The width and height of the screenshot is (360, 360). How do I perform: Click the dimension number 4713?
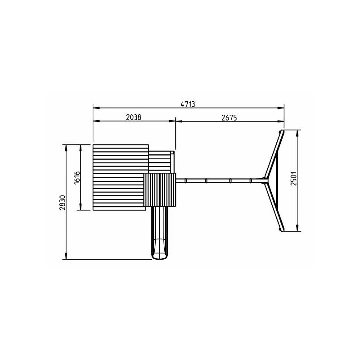(188, 104)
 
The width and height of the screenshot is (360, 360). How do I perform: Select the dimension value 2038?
(134, 117)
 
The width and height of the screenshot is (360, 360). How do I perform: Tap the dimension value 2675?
(229, 117)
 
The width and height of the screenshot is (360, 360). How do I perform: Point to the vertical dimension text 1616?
(77, 177)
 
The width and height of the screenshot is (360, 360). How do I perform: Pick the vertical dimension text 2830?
(63, 202)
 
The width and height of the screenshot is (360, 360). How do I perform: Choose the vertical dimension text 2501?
(294, 178)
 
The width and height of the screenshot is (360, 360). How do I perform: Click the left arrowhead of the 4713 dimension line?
(96, 108)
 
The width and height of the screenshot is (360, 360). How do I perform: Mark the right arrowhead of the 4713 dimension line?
(281, 108)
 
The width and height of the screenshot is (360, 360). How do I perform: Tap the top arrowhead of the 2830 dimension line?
(66, 148)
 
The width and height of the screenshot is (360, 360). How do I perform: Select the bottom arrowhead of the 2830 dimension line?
(66, 256)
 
